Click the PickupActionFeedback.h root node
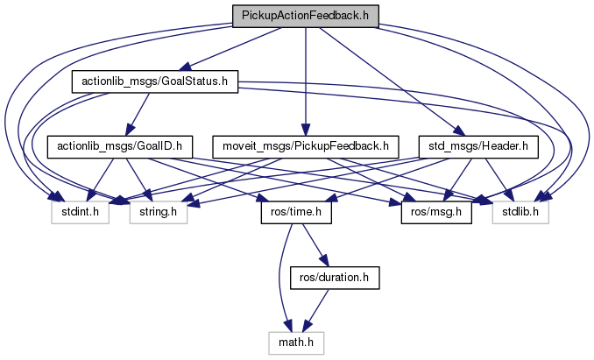[306, 15]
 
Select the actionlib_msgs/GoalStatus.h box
[155, 81]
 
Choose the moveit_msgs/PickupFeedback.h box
[300, 145]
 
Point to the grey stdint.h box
[80, 211]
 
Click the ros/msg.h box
[435, 211]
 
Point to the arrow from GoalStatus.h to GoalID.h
[138, 112]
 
